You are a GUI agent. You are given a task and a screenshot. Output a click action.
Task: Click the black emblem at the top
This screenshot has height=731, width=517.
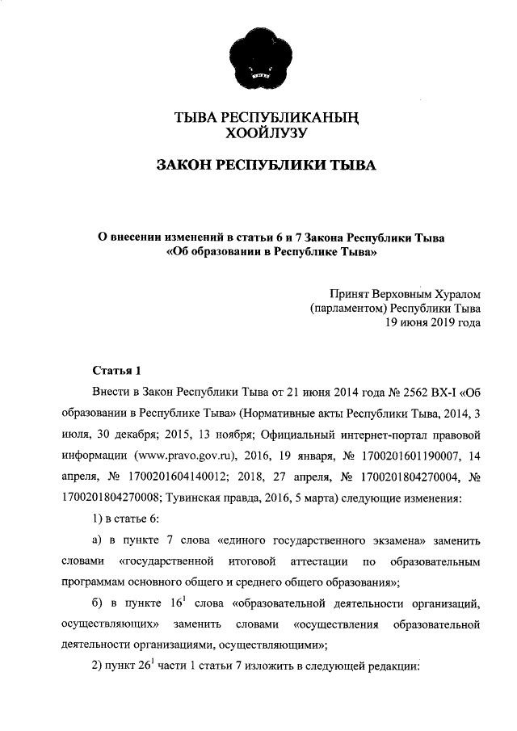point(258,59)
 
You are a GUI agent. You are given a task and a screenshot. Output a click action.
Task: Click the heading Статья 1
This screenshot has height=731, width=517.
point(118,371)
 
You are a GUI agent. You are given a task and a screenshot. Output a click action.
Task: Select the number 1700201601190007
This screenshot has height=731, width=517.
point(391,456)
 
